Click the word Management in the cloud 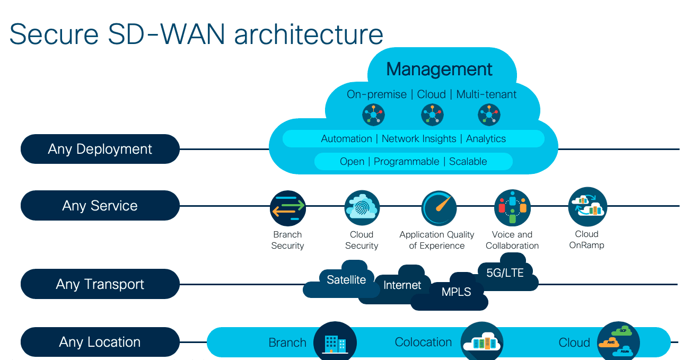pyautogui.click(x=439, y=69)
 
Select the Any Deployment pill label pyautogui.click(x=100, y=149)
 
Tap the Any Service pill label pyautogui.click(x=100, y=206)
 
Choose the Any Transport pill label pyautogui.click(x=100, y=284)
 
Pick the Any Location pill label pyautogui.click(x=100, y=342)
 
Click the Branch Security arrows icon pyautogui.click(x=288, y=208)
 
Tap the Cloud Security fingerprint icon pyautogui.click(x=362, y=208)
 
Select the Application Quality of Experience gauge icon pyautogui.click(x=439, y=208)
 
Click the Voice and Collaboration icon pyautogui.click(x=512, y=208)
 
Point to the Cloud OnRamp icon pyautogui.click(x=587, y=207)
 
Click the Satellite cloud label pyautogui.click(x=346, y=279)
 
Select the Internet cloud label pyautogui.click(x=402, y=285)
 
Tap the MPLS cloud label pyautogui.click(x=456, y=292)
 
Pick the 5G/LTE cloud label pyautogui.click(x=505, y=273)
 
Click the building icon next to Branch pyautogui.click(x=335, y=342)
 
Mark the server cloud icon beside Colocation pyautogui.click(x=481, y=342)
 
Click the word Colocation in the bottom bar pyautogui.click(x=423, y=342)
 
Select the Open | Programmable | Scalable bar pyautogui.click(x=413, y=161)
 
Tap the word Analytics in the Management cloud pyautogui.click(x=486, y=139)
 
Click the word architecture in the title pyautogui.click(x=309, y=33)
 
